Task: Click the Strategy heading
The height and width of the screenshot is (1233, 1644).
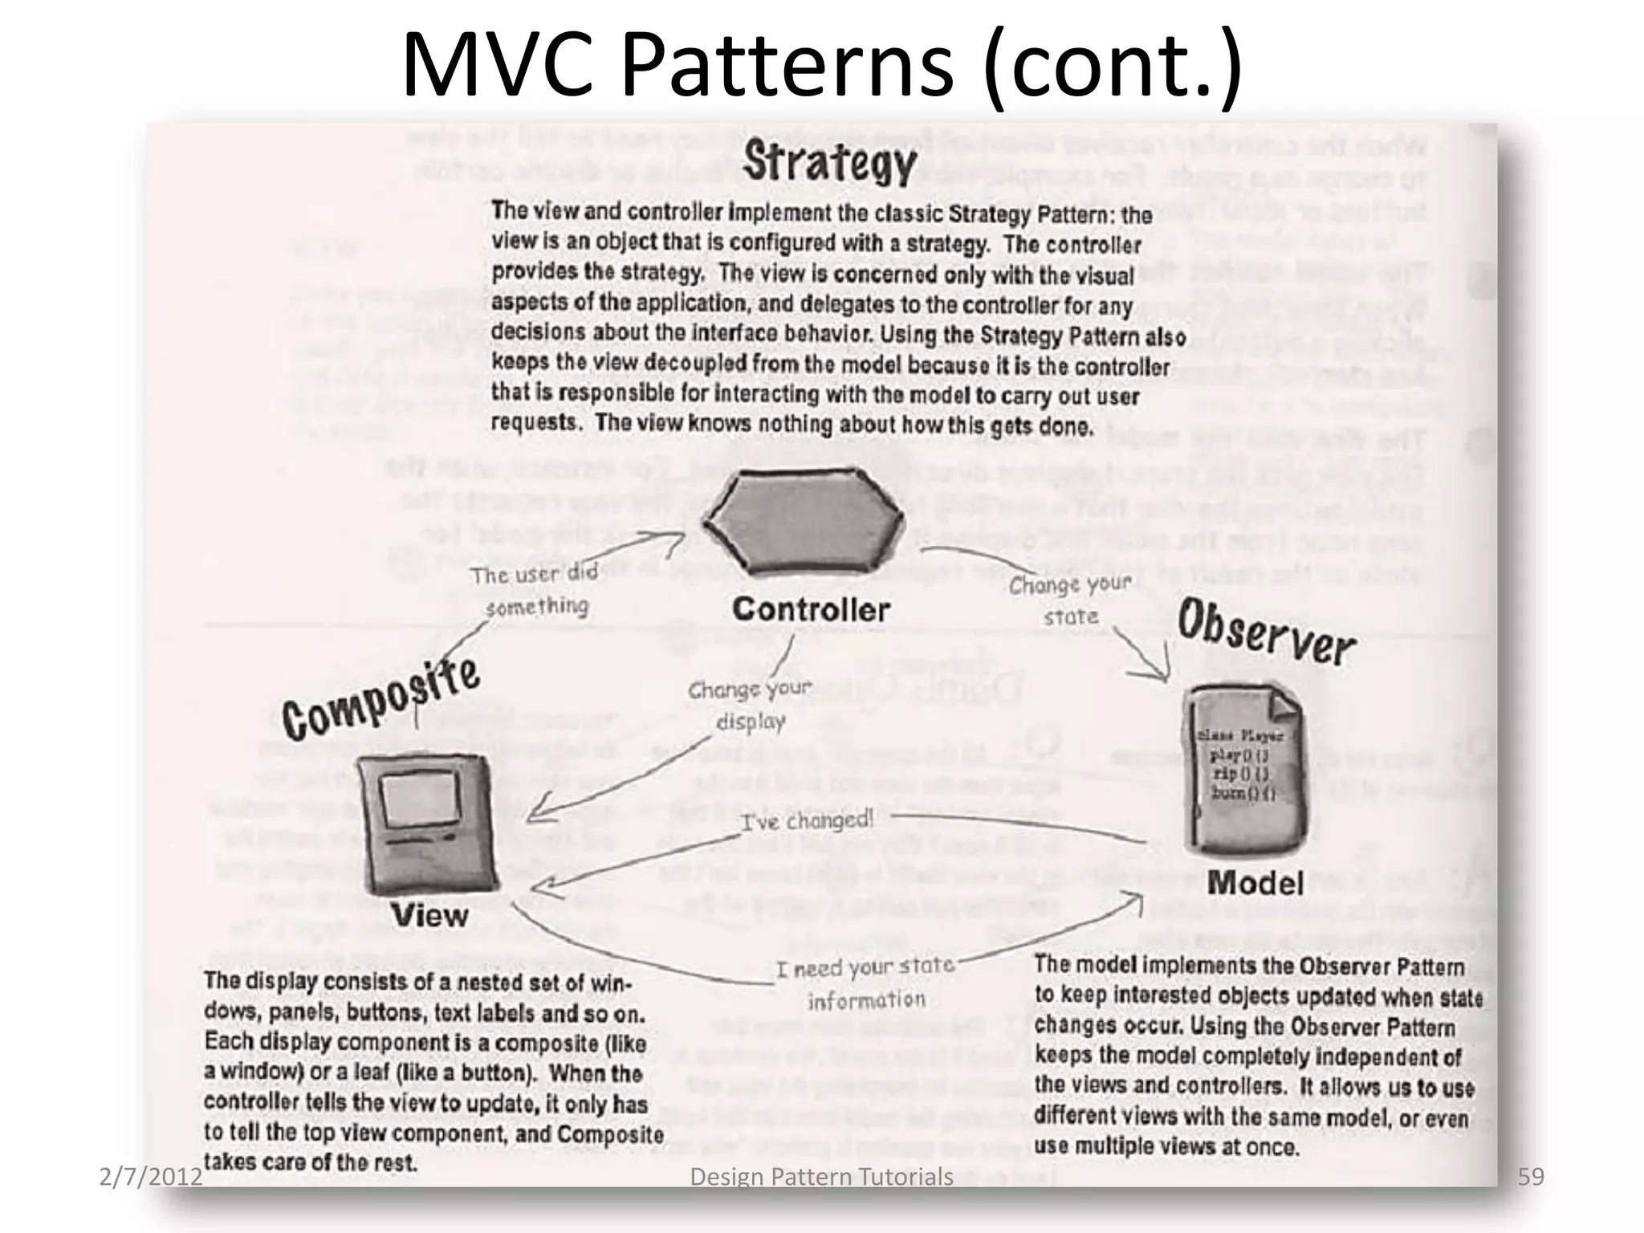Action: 829,162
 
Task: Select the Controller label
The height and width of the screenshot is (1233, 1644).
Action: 811,610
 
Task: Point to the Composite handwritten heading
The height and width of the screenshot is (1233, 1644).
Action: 381,698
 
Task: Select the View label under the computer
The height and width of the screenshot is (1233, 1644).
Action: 430,916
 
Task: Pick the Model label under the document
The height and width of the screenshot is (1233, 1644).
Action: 1255,884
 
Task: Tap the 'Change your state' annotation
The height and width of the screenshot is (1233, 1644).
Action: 1070,600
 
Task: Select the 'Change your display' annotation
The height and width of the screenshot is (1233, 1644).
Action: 750,705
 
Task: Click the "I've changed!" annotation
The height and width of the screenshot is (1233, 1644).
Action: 806,820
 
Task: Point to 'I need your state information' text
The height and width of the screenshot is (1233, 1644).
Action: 866,983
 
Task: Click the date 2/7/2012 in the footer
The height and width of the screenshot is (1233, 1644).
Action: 151,1177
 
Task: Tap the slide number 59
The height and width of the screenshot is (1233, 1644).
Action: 1531,1177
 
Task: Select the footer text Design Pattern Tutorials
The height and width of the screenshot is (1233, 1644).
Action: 821,1178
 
